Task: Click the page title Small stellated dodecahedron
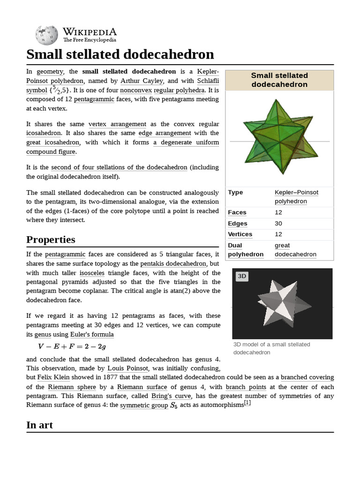coord(120,54)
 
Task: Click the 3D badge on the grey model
coord(242,276)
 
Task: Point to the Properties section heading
coord(51,240)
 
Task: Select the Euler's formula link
coord(92,334)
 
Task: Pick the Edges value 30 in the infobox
coord(278,224)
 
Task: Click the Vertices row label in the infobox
coord(240,234)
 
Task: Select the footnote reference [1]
coord(247,403)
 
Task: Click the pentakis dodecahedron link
coord(180,263)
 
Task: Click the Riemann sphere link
coord(72,387)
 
